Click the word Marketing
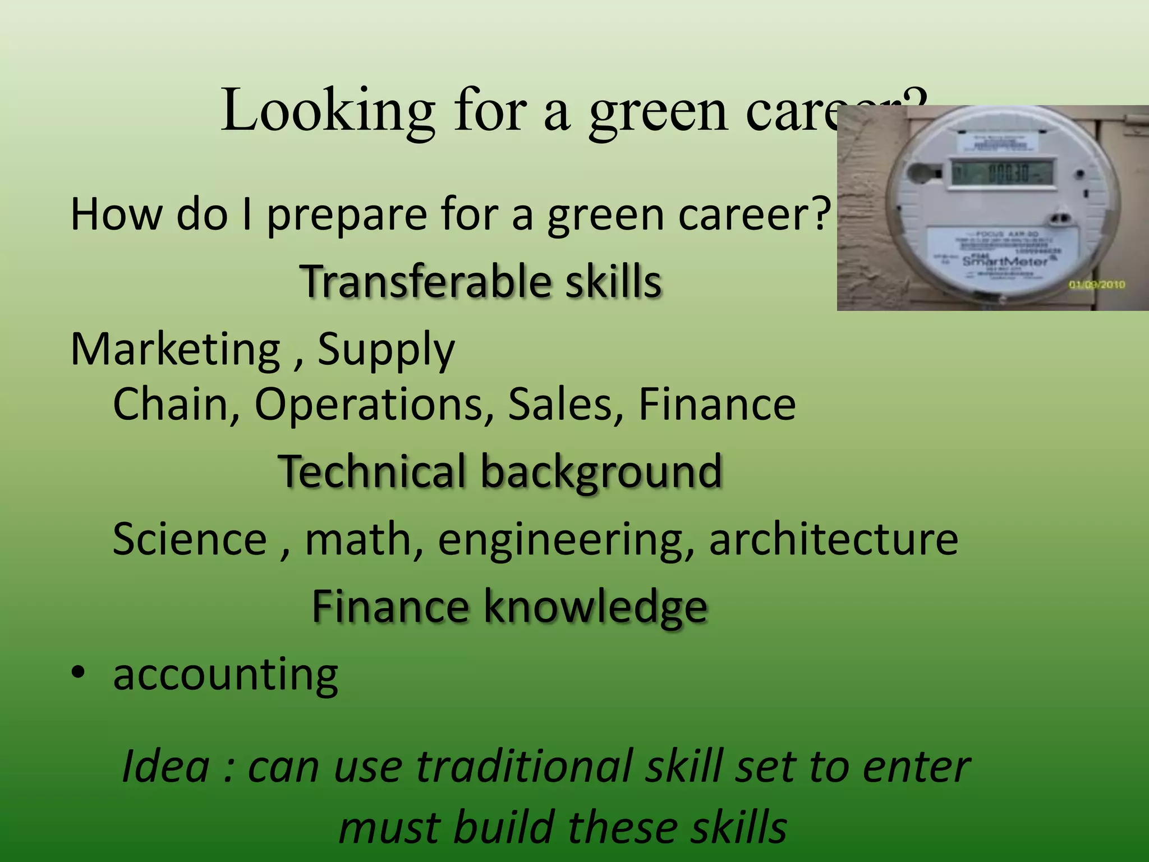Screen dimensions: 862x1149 click(x=175, y=349)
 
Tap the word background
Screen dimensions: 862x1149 click(x=601, y=473)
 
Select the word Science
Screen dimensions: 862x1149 click(x=190, y=539)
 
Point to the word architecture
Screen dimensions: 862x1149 click(x=833, y=539)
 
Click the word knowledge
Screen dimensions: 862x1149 click(x=595, y=607)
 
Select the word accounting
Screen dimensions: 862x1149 click(x=226, y=675)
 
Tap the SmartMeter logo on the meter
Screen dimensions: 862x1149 click(x=1005, y=262)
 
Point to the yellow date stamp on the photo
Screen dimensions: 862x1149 click(x=1097, y=285)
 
